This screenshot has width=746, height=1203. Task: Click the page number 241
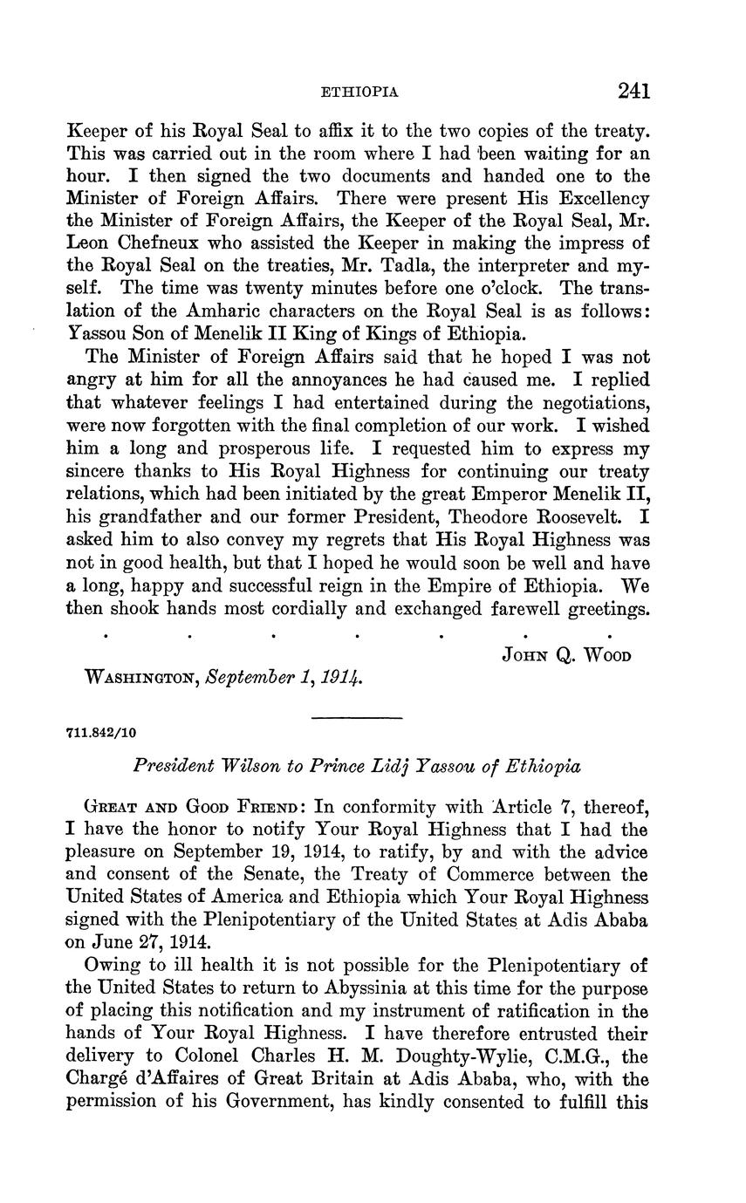tap(633, 91)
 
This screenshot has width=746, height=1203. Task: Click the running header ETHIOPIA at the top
tap(360, 92)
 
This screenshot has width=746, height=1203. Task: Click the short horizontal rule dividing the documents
tap(357, 718)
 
